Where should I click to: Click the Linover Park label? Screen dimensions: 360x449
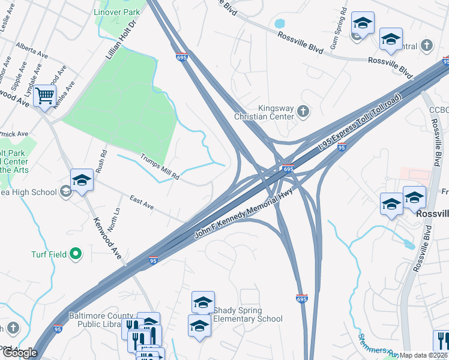pos(117,12)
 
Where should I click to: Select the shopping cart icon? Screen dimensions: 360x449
pos(45,96)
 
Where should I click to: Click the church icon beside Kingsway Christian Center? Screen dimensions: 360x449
pos(304,111)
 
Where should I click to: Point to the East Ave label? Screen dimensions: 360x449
pos(142,204)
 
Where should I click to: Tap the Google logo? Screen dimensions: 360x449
pos(19,353)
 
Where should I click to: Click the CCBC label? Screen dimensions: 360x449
pos(439,110)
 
